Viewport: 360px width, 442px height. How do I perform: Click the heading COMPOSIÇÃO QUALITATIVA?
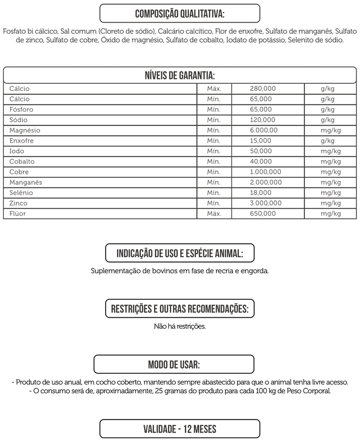pos(180,13)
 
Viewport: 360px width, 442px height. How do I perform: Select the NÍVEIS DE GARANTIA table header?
pos(180,75)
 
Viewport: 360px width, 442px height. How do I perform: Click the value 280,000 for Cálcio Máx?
pos(263,88)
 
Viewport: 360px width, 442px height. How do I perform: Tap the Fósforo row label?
pos(21,109)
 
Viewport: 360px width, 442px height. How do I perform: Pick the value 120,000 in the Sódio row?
pos(261,120)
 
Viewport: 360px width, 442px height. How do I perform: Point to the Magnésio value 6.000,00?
pos(264,130)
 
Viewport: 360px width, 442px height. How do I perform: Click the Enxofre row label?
pos(21,141)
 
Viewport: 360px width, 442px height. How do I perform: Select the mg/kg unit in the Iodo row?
pos(331,151)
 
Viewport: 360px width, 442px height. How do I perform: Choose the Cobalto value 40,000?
pos(261,161)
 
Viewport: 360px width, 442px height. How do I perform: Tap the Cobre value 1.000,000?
pos(266,172)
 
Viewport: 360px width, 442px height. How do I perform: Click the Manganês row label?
pos(26,182)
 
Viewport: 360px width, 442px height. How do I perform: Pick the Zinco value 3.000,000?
pos(266,203)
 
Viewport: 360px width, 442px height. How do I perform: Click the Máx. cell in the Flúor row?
pos(214,214)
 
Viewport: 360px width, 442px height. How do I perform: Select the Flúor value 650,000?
pos(263,214)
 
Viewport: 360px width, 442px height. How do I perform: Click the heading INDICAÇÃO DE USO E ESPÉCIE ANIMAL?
pos(180,253)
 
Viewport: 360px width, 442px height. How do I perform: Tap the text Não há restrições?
pos(180,326)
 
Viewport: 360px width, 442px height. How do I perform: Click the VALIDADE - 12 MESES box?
pos(180,429)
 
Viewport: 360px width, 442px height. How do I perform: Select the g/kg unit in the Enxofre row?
pos(328,141)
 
